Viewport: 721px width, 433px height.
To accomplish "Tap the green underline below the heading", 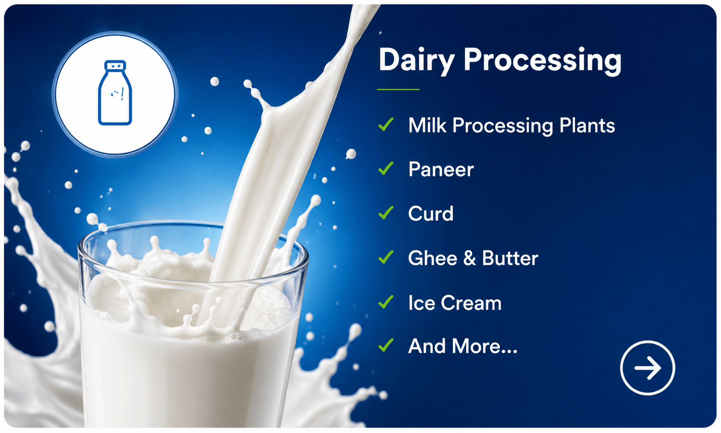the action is coord(398,89).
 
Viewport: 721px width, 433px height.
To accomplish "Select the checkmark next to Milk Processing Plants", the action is coord(386,125).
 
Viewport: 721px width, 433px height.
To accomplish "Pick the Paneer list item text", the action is coord(441,169).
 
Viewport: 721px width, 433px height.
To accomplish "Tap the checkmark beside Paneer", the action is coord(386,169).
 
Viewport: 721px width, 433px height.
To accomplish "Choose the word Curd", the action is coord(431,213).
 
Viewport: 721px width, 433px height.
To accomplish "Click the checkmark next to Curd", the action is coord(386,213).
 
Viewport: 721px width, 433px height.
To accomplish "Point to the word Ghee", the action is coord(432,258).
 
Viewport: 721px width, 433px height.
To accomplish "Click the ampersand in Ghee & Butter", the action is coord(470,258).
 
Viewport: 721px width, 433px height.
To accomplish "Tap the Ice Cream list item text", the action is coord(455,303).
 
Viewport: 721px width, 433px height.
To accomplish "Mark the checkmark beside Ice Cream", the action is coord(386,302).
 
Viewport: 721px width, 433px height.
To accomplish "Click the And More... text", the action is coord(463,346).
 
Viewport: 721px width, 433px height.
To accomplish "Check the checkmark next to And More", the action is coord(386,345).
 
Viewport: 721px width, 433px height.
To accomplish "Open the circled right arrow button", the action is coord(648,368).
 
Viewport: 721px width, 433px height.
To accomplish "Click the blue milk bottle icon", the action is coord(115,92).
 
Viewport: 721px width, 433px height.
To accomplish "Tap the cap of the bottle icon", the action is coord(115,65).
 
